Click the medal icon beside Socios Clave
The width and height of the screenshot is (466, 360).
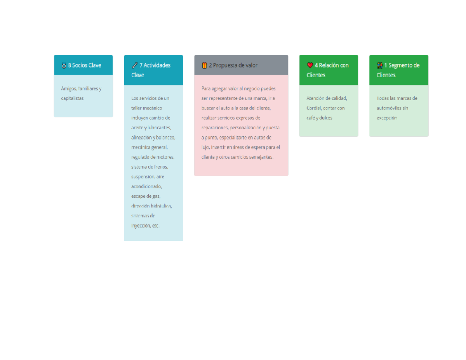pyautogui.click(x=64, y=65)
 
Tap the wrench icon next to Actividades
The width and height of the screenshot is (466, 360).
pyautogui.click(x=135, y=65)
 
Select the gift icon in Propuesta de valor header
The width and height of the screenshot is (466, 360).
pyautogui.click(x=204, y=65)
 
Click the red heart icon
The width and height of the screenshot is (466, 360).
pyautogui.click(x=310, y=65)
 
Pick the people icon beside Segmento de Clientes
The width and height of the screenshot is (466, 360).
pyautogui.click(x=380, y=65)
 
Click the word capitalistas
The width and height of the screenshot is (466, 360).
pyautogui.click(x=72, y=98)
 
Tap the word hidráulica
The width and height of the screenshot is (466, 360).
pyautogui.click(x=161, y=206)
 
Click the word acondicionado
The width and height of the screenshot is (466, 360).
pyautogui.click(x=146, y=186)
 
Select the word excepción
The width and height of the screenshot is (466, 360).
pyautogui.click(x=387, y=118)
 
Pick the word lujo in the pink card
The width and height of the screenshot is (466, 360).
pyautogui.click(x=205, y=147)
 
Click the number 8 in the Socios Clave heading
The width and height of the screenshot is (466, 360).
pyautogui.click(x=70, y=65)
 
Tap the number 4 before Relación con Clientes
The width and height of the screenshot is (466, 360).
pyautogui.click(x=316, y=65)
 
